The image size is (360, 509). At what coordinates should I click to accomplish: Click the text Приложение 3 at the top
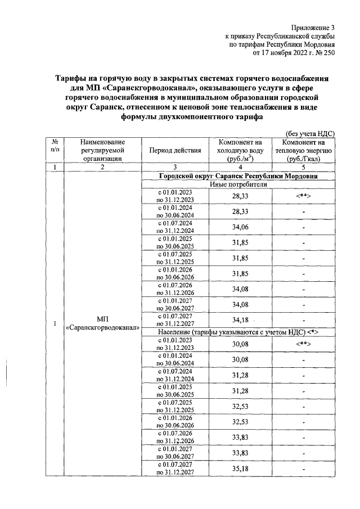pos(313,27)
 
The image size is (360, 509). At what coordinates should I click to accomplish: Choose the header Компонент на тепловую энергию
pos(303,151)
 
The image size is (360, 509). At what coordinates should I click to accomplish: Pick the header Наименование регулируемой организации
pos(102,151)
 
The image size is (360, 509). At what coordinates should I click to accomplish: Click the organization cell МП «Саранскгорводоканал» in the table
pos(102,324)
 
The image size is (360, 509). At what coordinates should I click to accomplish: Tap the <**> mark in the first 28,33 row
pos(303,195)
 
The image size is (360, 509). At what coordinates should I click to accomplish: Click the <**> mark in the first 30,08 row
pos(303,344)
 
